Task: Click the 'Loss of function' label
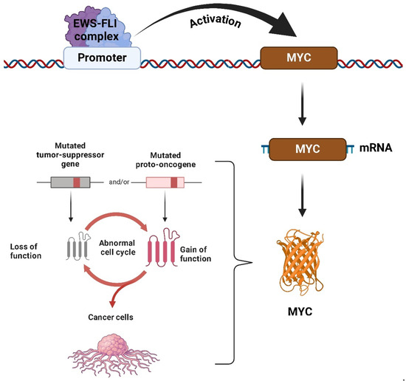click(x=30, y=250)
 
